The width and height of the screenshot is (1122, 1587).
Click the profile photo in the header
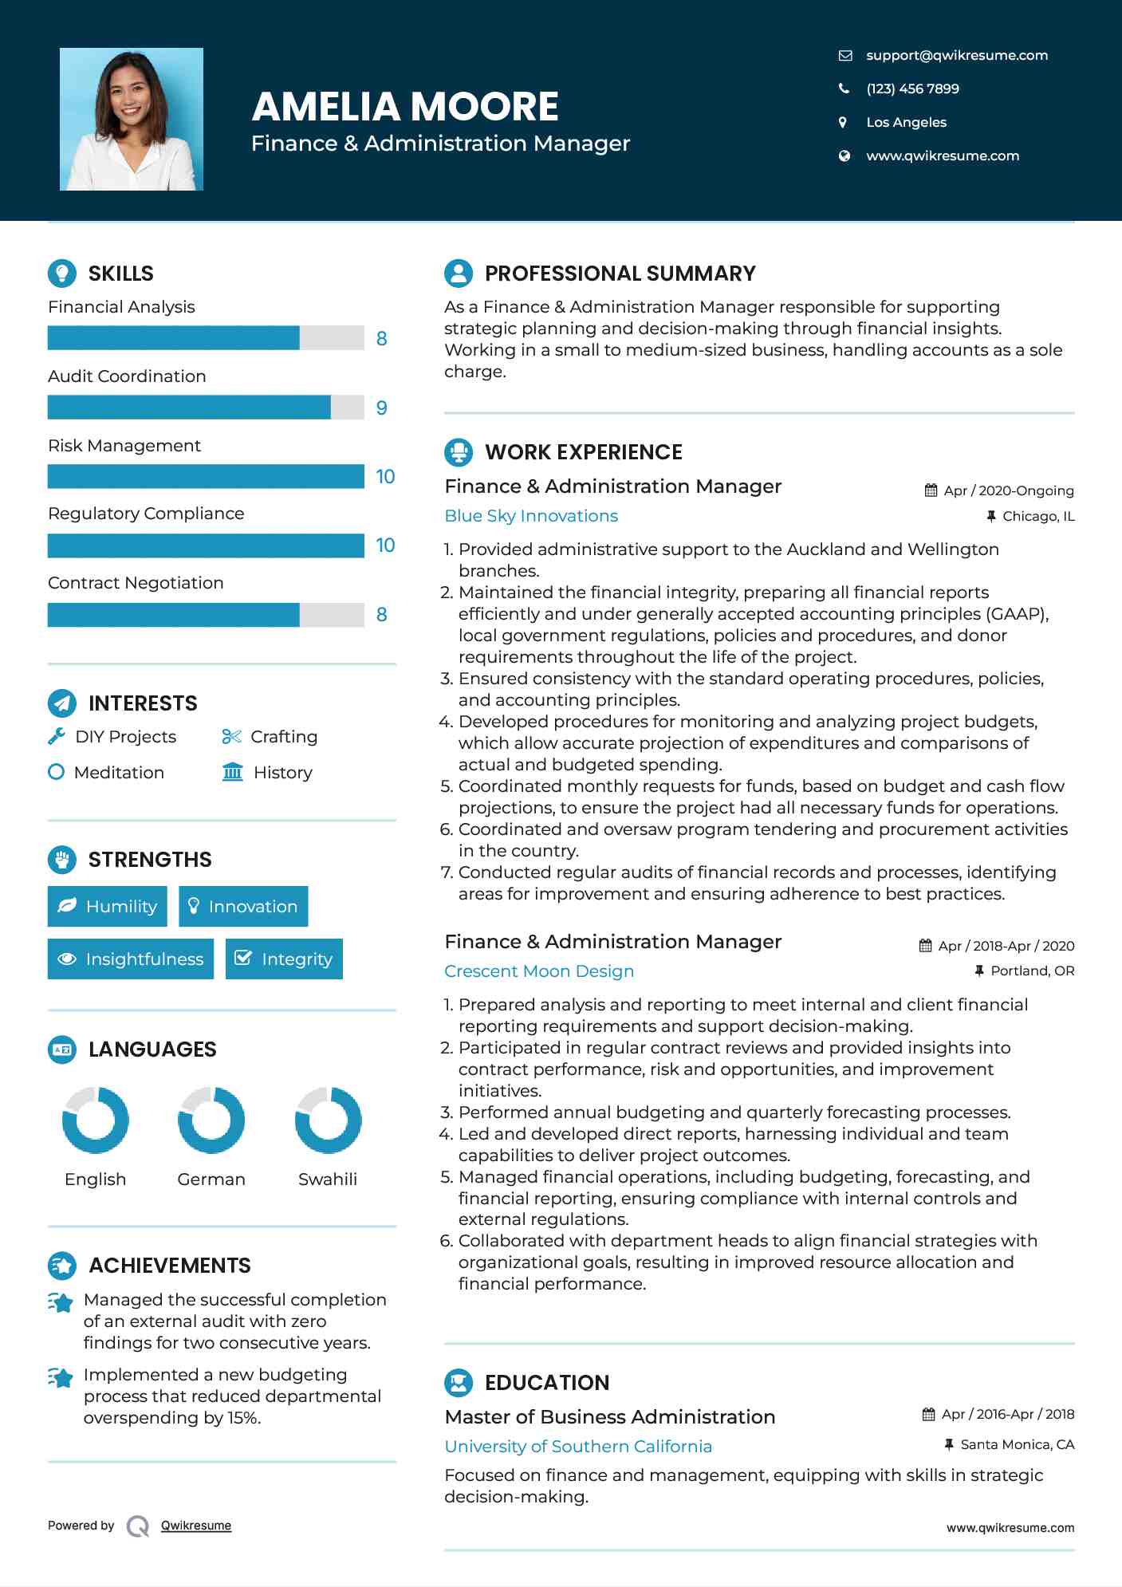coord(132,119)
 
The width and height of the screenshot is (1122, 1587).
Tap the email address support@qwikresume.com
coord(956,55)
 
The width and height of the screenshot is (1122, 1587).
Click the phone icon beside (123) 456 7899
coord(844,89)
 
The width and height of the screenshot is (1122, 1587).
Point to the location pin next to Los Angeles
coord(843,122)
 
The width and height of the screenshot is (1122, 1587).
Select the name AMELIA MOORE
coord(405,107)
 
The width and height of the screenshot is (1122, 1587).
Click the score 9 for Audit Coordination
coord(381,408)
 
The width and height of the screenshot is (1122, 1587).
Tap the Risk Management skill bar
coord(206,476)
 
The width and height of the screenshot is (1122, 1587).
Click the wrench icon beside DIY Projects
coord(56,736)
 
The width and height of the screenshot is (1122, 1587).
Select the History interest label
coord(282,772)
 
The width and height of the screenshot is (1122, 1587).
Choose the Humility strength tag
coord(108,906)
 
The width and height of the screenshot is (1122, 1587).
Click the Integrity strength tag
coord(284,959)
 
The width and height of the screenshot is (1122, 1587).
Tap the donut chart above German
coord(211,1120)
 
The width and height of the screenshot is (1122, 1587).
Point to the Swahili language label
coord(327,1179)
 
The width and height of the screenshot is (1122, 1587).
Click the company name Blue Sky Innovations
coord(531,516)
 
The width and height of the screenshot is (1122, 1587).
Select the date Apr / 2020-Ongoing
coord(1008,490)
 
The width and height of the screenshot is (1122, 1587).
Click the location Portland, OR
coord(1032,971)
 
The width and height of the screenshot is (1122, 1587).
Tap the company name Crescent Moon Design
coord(539,971)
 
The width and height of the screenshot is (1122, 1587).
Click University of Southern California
coord(578,1446)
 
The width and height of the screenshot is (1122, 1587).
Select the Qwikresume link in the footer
coord(196,1525)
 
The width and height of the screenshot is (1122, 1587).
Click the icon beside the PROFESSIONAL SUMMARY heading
coord(459,273)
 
